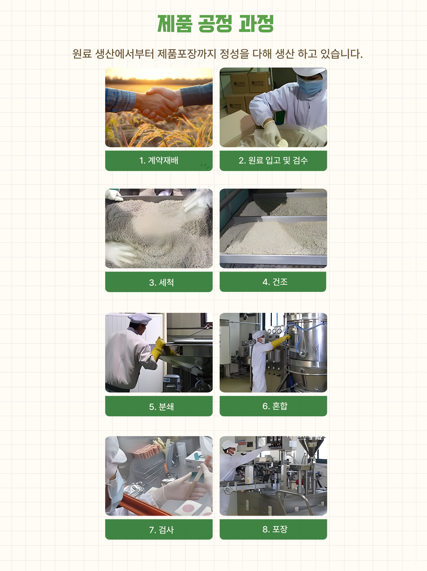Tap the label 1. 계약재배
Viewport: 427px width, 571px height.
click(159, 161)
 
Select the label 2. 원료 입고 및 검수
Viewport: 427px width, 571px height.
click(273, 161)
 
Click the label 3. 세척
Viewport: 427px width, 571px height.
click(161, 282)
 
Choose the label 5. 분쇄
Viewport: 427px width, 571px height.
click(161, 407)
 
